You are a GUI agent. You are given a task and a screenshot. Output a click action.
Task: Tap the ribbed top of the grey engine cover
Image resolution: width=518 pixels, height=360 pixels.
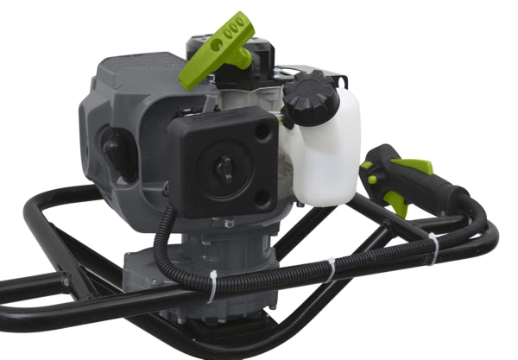pyautogui.click(x=129, y=69)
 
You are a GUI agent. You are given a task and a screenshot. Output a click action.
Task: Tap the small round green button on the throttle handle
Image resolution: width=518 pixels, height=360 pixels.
pyautogui.click(x=374, y=179)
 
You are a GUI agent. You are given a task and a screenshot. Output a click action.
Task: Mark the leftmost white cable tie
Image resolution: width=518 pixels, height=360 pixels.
pyautogui.click(x=212, y=286)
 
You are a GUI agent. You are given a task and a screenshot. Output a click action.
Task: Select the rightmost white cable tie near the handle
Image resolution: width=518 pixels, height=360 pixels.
pyautogui.click(x=433, y=249)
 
